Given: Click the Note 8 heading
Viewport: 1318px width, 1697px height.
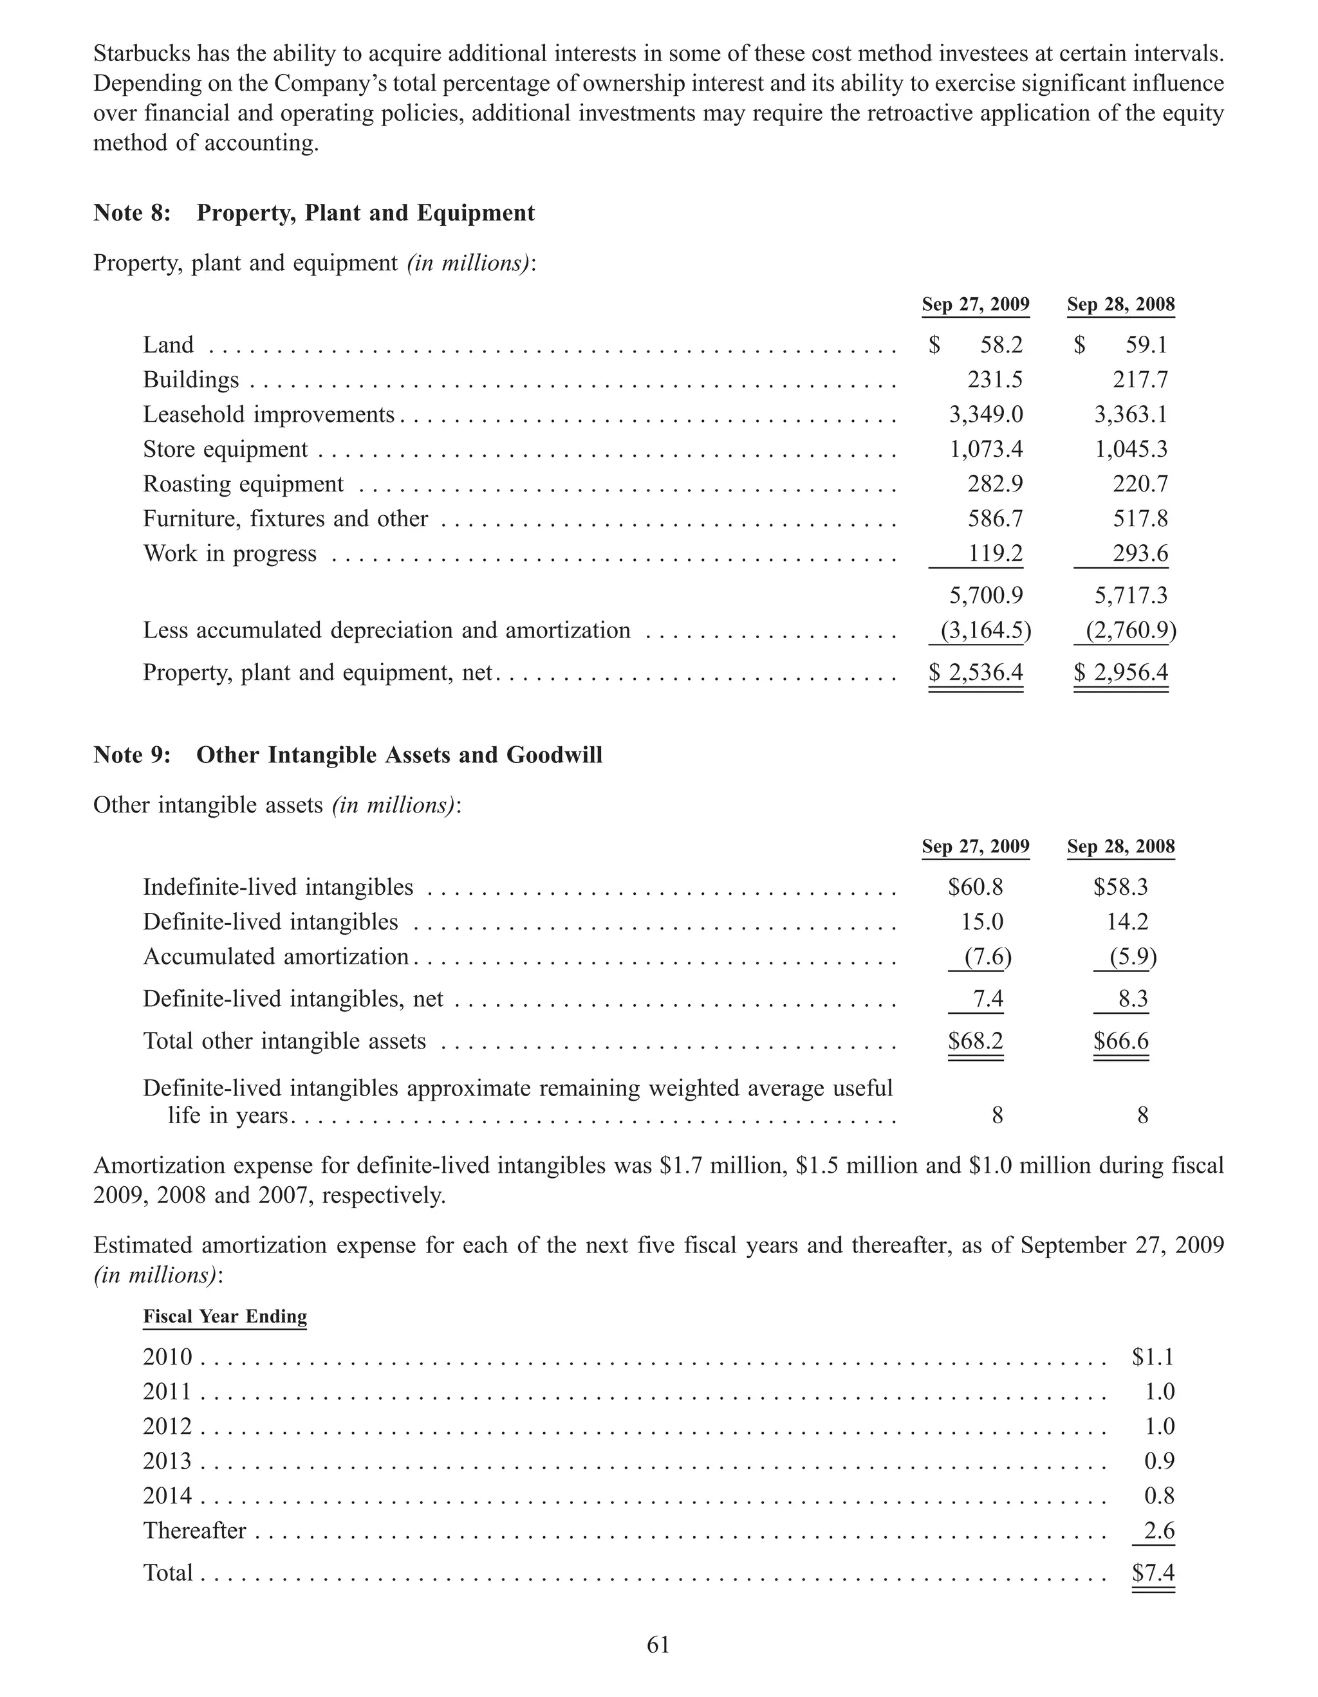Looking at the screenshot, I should [314, 213].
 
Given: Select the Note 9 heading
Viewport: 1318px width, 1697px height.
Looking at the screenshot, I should [348, 755].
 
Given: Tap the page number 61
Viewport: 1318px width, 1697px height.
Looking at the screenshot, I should [658, 1644].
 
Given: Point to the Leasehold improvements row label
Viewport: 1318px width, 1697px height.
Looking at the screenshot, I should [269, 415].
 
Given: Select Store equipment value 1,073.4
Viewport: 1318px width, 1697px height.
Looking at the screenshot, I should [985, 449].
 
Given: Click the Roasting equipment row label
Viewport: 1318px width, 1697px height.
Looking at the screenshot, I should [243, 484].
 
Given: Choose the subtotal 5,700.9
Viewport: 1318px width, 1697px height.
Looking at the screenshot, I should [985, 596].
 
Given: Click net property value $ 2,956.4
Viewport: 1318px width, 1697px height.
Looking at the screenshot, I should [1120, 672].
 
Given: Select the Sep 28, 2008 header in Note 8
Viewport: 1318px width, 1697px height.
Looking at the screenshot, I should [1120, 304].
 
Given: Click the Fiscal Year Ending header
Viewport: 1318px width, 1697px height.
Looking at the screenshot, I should [225, 1316].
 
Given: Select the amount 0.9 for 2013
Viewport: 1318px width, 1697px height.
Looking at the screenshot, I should [1158, 1461].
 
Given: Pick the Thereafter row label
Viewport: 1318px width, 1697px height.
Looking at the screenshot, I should [194, 1531].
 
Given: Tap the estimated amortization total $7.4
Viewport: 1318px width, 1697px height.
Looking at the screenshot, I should [1153, 1573].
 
